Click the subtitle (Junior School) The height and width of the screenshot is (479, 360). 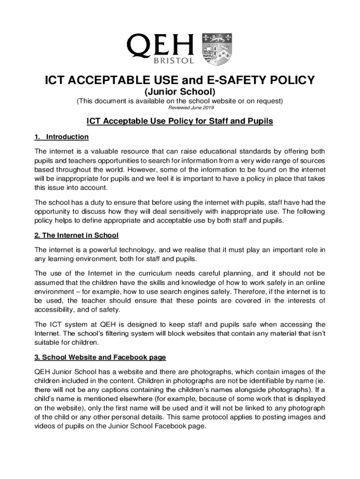[x=180, y=91]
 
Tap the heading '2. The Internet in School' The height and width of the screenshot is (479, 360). [x=76, y=235]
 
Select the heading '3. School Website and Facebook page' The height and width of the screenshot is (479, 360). [x=100, y=358]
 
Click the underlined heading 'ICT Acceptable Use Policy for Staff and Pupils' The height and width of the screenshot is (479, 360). [x=180, y=122]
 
